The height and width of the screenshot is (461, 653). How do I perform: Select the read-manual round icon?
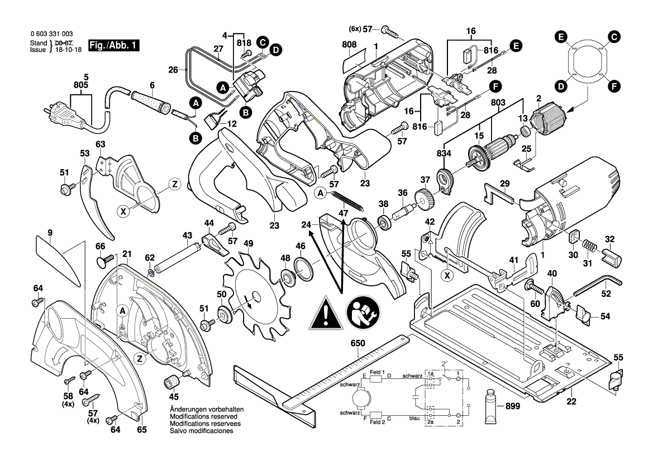coord(361,313)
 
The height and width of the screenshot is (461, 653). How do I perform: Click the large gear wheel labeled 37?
coord(425,199)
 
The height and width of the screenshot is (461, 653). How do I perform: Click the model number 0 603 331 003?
coord(51,34)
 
